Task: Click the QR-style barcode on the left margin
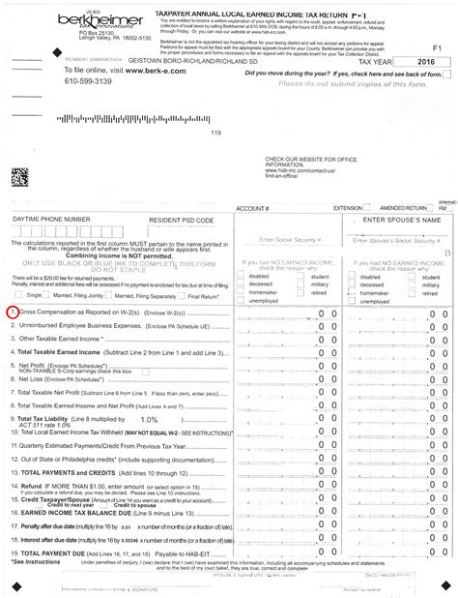[x=18, y=175]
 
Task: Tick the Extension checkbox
[x=368, y=208]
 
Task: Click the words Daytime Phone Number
[x=51, y=220]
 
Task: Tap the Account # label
[x=252, y=208]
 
